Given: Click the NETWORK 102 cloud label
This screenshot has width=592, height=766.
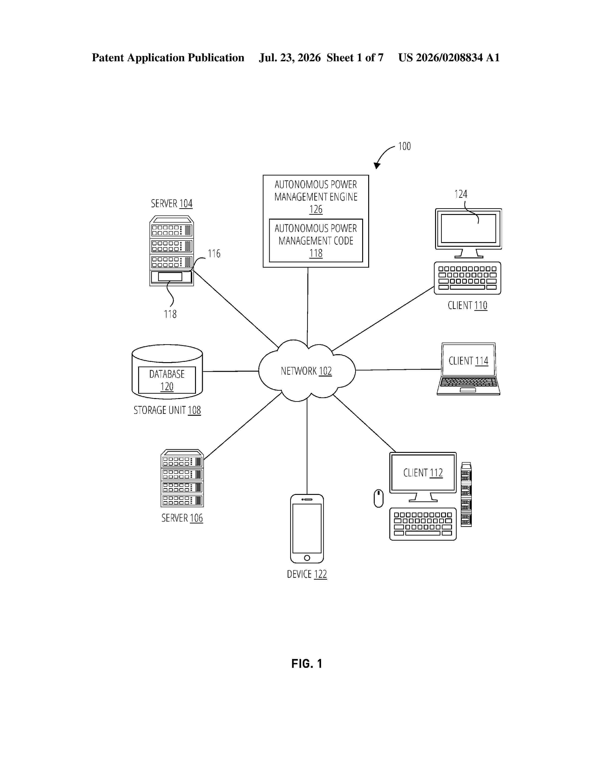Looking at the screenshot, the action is pos(306,371).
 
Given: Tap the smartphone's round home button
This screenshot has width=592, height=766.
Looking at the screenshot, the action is pos(307,558).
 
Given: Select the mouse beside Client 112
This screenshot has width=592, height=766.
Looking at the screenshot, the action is pos(378,498).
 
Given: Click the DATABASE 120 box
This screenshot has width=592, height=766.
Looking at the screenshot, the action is pos(167,380).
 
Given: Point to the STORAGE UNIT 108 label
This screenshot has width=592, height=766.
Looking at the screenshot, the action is pos(167,410).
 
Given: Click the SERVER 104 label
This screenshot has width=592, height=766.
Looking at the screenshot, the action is pos(172,203).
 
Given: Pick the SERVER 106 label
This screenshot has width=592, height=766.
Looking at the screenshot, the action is pos(182,518).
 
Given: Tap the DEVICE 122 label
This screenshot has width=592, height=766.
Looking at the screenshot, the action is pos(307,574).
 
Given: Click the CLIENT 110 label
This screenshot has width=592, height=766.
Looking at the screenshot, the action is pos(468,305).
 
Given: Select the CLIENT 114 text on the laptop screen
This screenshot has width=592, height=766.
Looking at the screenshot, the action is pos(468,361).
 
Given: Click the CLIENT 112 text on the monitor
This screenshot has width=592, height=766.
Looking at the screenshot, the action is pos(423,473).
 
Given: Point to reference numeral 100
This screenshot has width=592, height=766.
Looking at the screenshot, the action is pos(404,146).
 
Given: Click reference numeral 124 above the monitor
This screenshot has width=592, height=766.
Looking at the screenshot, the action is pos(461,194).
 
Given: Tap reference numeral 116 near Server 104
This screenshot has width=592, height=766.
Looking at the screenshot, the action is pos(214,253).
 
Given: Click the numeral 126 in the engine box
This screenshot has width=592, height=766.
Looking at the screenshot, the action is pos(316,209).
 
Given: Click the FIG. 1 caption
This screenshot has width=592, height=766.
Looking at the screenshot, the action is pos(307,664).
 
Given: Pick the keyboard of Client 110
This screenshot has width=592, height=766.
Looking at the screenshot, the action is pos(468,278).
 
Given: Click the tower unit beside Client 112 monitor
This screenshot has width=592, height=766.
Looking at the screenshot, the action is pos(466,494).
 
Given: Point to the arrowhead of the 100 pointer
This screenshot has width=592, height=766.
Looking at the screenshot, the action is pos(377,166).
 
